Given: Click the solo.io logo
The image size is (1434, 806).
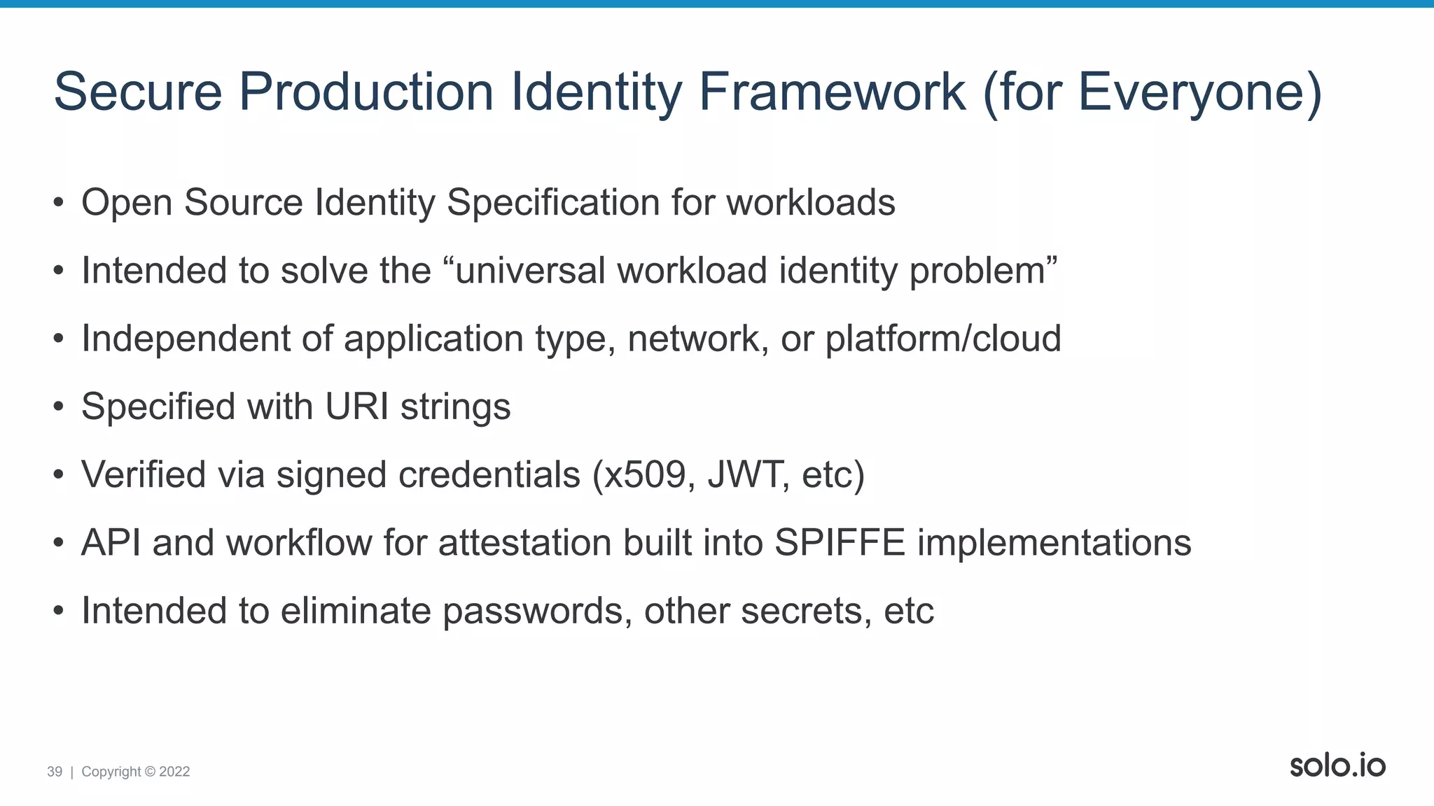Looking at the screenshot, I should (1337, 765).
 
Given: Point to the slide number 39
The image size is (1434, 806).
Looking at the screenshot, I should (55, 772).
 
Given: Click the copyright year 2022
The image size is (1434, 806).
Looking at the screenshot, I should (174, 772).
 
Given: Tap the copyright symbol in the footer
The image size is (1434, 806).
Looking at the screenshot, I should (150, 772).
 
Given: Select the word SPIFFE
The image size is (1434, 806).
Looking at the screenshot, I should (840, 543).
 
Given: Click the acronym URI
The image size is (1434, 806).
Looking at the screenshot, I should (357, 406).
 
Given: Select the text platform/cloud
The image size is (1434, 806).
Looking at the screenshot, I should (943, 339).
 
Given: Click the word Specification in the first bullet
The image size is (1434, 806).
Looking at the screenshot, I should (553, 203).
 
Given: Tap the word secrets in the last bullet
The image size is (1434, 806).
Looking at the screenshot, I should (806, 611).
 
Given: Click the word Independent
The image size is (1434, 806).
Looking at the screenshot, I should (186, 339).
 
